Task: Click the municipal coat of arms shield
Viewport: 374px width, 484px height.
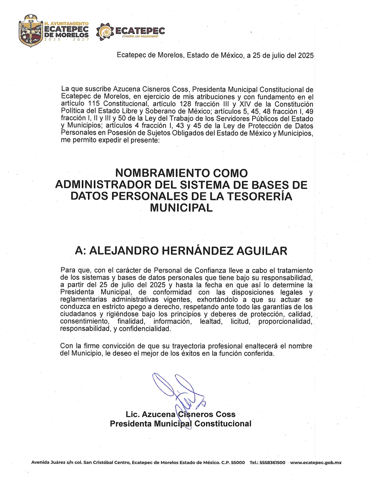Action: click(31, 31)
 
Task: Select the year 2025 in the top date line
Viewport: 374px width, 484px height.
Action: click(306, 55)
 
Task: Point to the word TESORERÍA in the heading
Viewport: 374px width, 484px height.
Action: click(260, 196)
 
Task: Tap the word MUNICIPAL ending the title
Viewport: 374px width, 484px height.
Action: click(181, 208)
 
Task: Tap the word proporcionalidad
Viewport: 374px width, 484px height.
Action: click(285, 321)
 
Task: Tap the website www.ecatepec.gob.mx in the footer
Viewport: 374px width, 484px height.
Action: click(316, 463)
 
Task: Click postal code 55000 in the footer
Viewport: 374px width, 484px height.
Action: click(238, 463)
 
